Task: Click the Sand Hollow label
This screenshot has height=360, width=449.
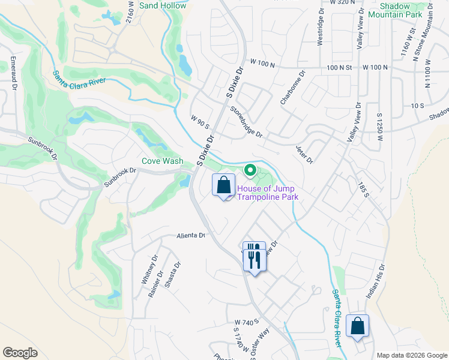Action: point(162,5)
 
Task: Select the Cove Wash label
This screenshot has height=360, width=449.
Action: point(163,161)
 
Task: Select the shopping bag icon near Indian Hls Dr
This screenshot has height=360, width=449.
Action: point(358,326)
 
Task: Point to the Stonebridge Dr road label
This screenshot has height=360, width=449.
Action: point(246,121)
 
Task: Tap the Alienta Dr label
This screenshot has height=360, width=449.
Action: point(191,236)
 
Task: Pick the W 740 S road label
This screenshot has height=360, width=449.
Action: point(246,323)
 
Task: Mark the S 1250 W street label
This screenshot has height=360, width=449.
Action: point(379,127)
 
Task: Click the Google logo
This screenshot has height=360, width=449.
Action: point(20,353)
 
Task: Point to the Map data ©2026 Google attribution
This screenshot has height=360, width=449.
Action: point(411,355)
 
